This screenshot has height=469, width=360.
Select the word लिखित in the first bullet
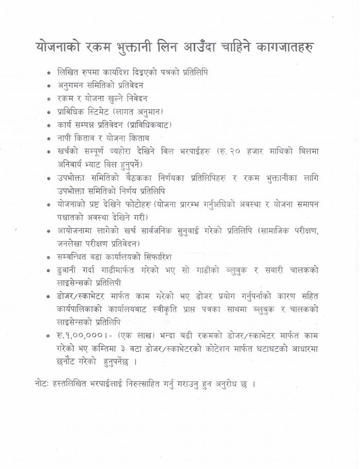pyautogui.click(x=69, y=72)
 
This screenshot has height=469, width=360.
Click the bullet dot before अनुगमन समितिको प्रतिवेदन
pyautogui.click(x=49, y=86)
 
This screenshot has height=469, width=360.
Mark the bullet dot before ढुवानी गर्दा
pyautogui.click(x=49, y=270)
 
